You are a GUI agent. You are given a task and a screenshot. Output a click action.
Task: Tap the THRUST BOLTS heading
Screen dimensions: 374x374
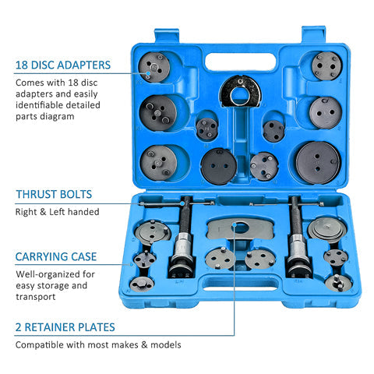[52, 194]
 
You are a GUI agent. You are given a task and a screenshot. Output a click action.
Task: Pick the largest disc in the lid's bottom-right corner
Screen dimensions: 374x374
[318, 161]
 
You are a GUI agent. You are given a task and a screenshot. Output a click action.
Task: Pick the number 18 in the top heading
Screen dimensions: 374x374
[20, 65]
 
